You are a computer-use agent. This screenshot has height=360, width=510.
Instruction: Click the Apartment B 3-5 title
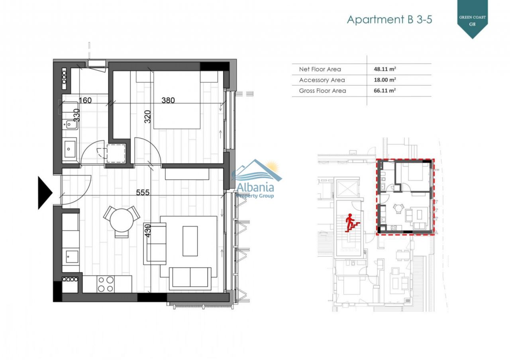389,20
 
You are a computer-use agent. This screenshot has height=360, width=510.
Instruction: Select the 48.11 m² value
385,69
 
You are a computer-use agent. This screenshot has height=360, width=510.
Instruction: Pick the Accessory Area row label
322,80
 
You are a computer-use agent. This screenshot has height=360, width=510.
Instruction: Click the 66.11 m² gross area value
385,90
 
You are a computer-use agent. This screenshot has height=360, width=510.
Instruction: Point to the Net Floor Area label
320,69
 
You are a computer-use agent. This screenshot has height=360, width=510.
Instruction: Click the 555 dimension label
143,192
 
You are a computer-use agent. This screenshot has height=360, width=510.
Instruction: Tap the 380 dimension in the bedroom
168,100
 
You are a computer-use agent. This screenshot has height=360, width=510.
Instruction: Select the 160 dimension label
85,100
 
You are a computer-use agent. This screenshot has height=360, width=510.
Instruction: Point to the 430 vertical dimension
147,231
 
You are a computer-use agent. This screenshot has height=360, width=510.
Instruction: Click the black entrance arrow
45,193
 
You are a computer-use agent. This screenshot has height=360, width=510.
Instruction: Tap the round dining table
122,220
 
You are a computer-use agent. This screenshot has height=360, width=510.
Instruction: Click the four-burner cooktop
106,284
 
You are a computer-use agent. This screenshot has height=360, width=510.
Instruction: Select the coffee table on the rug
190,241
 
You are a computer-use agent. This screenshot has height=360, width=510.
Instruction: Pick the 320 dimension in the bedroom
147,117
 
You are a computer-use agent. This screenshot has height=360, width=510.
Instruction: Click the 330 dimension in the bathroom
77,115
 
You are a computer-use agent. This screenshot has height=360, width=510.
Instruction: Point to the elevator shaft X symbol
347,188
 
